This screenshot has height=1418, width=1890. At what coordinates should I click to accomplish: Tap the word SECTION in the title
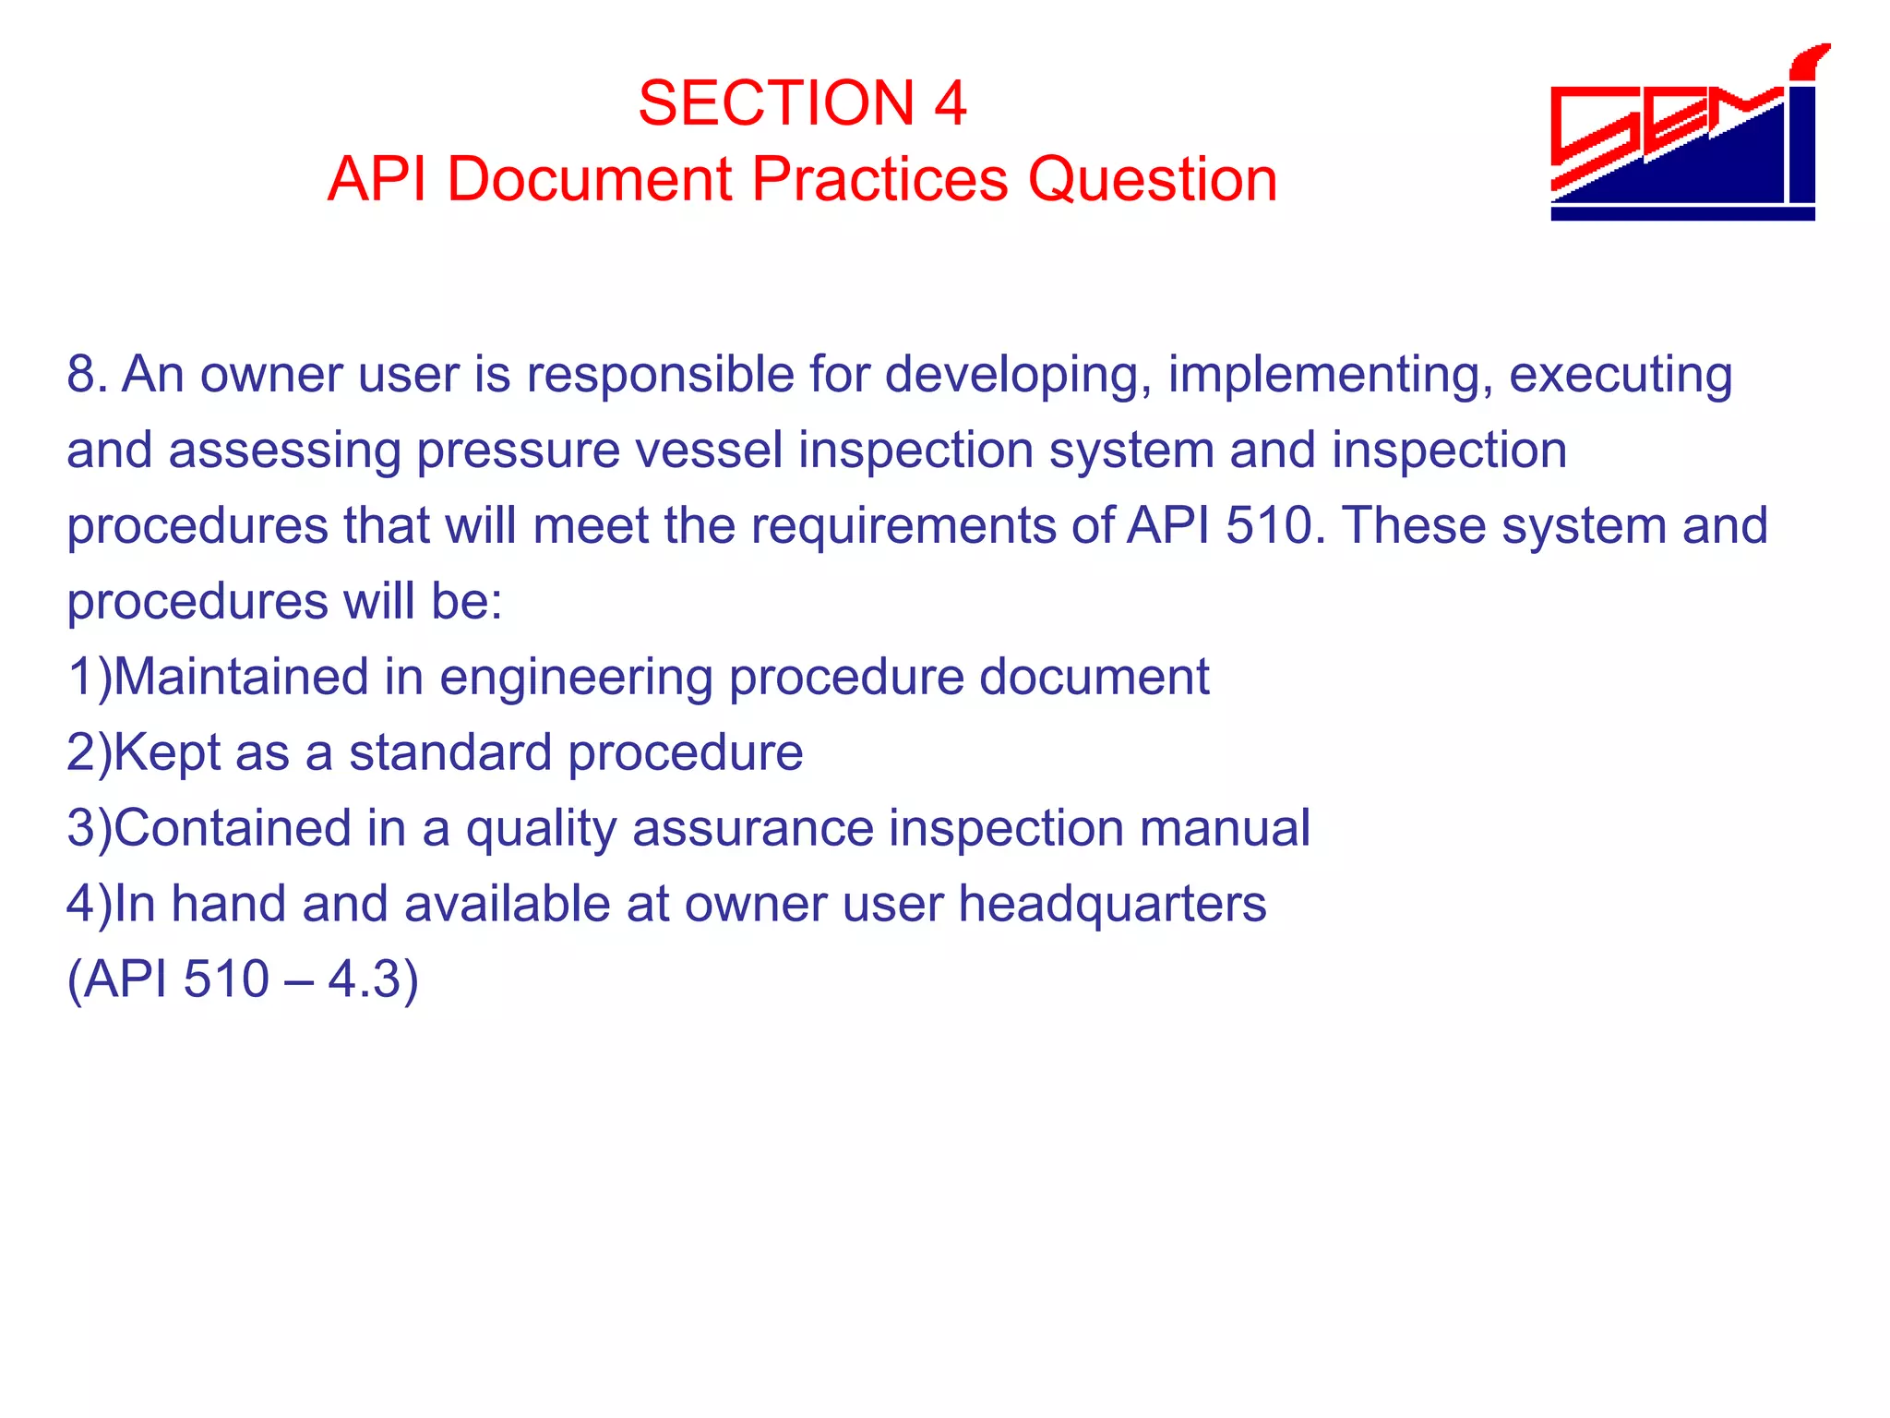point(776,102)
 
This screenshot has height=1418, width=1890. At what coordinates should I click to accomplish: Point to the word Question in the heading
point(1153,178)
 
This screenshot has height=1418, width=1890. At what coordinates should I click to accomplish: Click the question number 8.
point(81,375)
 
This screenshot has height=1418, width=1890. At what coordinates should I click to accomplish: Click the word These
point(1414,525)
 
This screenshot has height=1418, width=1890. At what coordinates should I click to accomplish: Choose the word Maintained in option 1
point(242,677)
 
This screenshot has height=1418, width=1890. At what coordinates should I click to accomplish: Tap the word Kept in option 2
point(169,753)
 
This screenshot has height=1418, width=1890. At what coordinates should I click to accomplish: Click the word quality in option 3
point(541,829)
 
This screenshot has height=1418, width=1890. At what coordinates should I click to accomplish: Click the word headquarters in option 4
point(1112,904)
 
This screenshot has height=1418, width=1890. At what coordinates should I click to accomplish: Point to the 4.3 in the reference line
point(364,979)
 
